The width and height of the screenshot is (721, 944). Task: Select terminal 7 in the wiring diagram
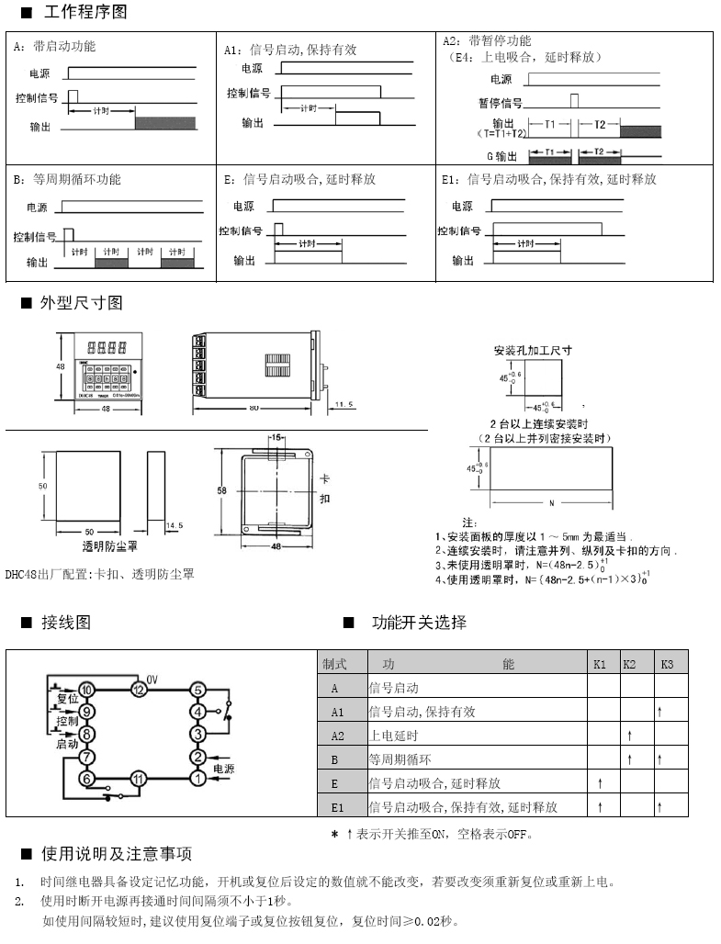(x=86, y=758)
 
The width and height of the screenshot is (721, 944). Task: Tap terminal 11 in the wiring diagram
(x=138, y=779)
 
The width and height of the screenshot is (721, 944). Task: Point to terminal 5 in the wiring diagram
(x=197, y=690)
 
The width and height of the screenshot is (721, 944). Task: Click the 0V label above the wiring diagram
(x=152, y=678)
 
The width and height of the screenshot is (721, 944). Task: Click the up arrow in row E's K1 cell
(x=600, y=783)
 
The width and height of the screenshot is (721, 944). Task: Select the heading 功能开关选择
(x=419, y=623)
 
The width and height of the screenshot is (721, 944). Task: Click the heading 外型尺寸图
(x=81, y=303)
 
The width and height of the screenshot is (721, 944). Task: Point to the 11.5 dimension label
(x=344, y=404)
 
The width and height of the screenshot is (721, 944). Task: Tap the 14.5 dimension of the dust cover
(x=175, y=524)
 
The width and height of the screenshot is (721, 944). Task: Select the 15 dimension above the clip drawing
(x=276, y=438)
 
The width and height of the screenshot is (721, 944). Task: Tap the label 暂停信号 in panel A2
(x=500, y=103)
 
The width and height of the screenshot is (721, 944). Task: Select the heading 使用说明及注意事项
(x=117, y=854)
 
